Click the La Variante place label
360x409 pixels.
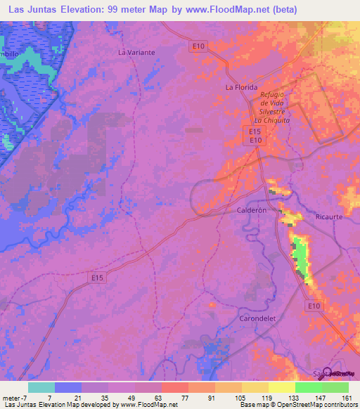[136, 52]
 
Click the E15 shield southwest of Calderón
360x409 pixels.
[98, 278]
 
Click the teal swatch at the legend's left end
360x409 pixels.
[41, 387]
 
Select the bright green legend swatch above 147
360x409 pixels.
[309, 387]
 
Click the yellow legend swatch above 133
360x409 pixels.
[282, 387]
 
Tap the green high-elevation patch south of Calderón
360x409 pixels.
[301, 255]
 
